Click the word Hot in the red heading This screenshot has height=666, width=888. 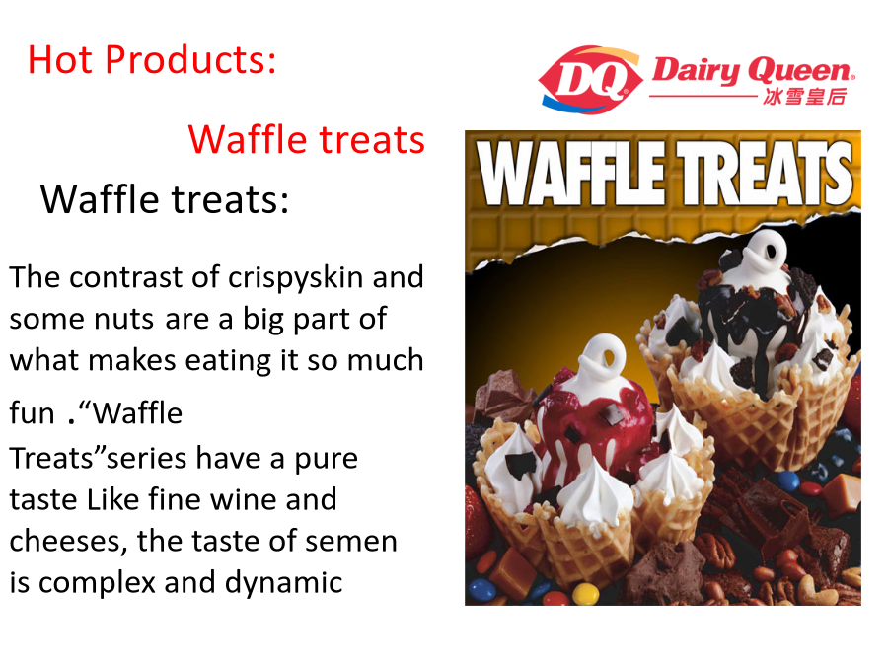[x=60, y=59]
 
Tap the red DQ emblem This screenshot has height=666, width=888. [x=591, y=80]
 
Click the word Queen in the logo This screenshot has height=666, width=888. [x=801, y=72]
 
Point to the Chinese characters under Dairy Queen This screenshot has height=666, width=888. [x=804, y=97]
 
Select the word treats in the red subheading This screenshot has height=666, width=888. [x=372, y=140]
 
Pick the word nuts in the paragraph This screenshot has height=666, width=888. [x=124, y=320]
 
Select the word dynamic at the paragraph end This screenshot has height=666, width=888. [x=284, y=583]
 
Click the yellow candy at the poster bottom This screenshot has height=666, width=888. [x=585, y=595]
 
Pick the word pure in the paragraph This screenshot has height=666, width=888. [x=327, y=460]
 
